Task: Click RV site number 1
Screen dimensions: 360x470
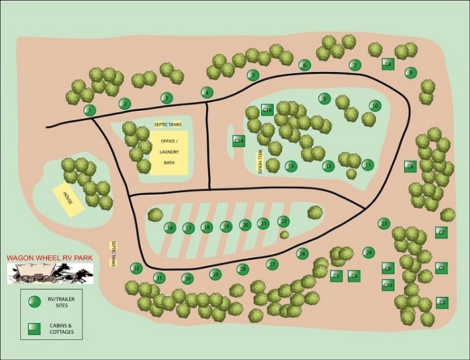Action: point(89,110)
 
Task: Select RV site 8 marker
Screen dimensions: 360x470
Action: point(412,73)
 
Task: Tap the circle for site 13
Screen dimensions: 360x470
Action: point(291,166)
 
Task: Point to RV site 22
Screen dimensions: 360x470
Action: point(283,221)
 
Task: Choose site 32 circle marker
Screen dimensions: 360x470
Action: point(136,268)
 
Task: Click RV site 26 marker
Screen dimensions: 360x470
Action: point(302,254)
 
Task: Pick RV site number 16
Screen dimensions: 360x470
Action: point(170,228)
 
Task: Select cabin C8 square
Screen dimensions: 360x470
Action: point(387,64)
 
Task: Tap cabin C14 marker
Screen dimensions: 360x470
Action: point(239,140)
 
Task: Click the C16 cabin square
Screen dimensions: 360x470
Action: point(267,109)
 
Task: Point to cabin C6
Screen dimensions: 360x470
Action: point(410,165)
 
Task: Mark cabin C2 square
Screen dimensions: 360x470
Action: point(442,302)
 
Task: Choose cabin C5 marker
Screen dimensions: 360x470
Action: point(337,275)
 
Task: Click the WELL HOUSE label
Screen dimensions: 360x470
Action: point(259,162)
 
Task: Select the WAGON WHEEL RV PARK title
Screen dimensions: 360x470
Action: point(48,257)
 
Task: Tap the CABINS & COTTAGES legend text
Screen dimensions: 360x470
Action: point(66,331)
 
